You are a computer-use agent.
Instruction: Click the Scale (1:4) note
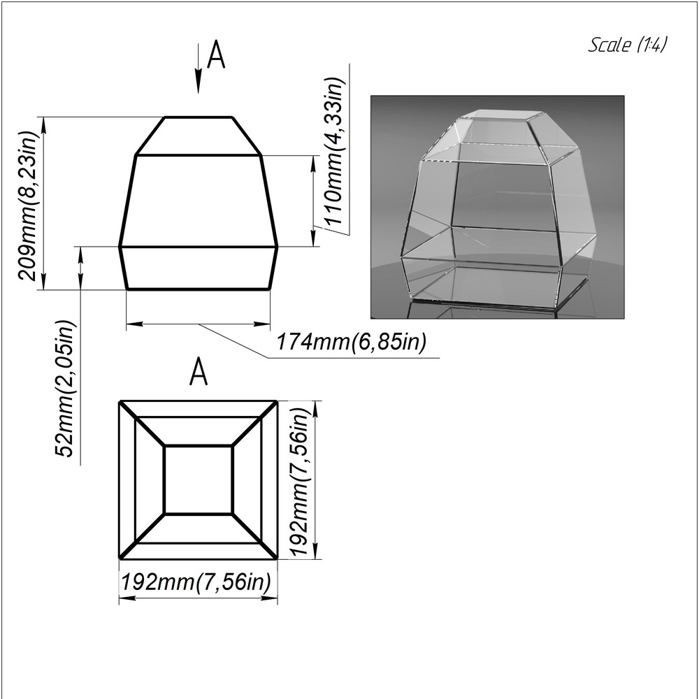tap(628, 45)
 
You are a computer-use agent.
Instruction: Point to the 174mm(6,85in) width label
tap(352, 343)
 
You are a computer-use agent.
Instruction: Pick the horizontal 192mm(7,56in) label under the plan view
tap(196, 582)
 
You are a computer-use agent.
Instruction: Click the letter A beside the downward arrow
tap(217, 55)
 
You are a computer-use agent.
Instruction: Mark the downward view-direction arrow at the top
tap(199, 69)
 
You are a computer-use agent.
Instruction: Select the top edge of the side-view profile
tap(199, 117)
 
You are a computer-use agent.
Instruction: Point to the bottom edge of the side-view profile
tap(199, 289)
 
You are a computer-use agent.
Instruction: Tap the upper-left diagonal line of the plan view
tap(142, 424)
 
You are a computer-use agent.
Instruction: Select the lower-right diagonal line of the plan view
tap(254, 536)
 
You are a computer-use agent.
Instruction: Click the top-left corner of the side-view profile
tap(165, 117)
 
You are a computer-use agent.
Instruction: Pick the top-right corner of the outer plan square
tap(277, 402)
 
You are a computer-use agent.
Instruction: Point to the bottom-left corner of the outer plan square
tap(120, 558)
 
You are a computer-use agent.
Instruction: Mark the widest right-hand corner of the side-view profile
tap(278, 246)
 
